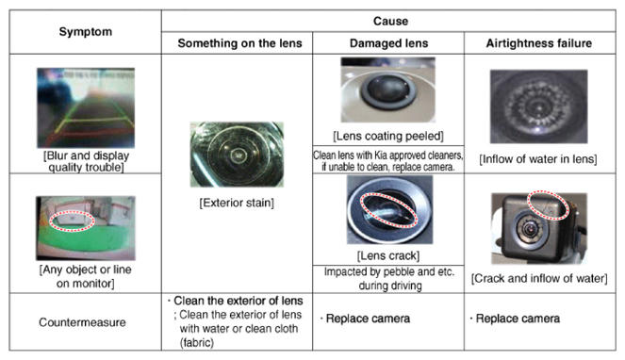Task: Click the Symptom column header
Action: point(85,32)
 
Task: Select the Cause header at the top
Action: point(390,21)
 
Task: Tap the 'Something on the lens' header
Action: point(239,43)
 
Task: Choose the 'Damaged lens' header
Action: point(388,43)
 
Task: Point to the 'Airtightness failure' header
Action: point(538,43)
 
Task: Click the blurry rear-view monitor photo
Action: point(86,107)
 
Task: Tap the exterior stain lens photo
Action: point(237,155)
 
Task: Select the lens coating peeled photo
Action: point(388,90)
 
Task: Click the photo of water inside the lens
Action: point(538,106)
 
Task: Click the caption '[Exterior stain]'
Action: point(237,203)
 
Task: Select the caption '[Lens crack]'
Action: point(388,255)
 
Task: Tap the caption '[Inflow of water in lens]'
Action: point(538,159)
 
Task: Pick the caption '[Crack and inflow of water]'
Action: point(539,278)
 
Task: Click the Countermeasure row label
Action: point(82,322)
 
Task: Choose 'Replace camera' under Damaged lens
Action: point(368,319)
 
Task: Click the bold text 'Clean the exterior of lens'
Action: point(238,301)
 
